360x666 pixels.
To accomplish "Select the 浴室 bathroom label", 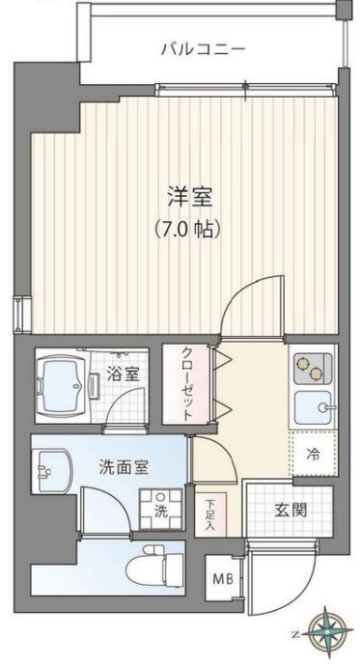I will click(x=123, y=373).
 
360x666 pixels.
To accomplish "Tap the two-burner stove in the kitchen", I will click(x=313, y=370).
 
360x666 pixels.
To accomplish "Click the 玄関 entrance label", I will click(x=289, y=509).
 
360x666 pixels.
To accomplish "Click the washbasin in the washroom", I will click(x=48, y=473).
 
